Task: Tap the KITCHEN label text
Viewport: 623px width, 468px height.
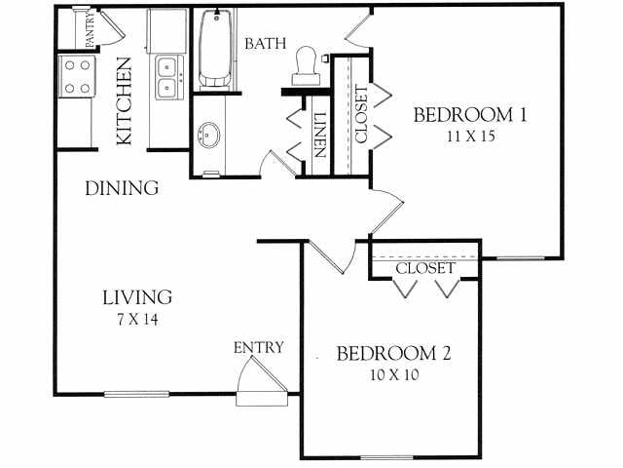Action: pos(125,101)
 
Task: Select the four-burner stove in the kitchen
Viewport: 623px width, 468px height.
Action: pos(77,77)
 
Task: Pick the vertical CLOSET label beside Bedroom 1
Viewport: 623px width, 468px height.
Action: pos(361,115)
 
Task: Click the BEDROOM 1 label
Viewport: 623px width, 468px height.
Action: pos(470,115)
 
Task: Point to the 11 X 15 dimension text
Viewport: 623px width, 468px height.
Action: pos(470,136)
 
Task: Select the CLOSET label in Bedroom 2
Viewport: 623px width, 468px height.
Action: pos(425,267)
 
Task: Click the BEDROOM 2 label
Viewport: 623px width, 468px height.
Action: pos(393,353)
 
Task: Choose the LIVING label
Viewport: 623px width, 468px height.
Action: pos(138,297)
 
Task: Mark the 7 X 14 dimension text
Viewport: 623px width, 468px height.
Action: pos(137,319)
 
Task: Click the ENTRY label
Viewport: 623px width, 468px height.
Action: pos(258,347)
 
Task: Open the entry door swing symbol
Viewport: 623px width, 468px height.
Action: pos(260,382)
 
